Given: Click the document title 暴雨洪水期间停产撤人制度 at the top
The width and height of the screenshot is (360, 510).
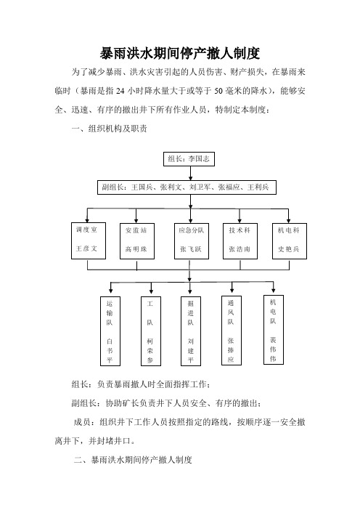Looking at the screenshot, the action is click(x=180, y=54).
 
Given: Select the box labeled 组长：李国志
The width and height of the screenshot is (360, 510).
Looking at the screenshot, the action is click(x=189, y=159).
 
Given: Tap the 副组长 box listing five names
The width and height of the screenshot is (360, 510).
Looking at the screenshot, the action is click(x=187, y=187).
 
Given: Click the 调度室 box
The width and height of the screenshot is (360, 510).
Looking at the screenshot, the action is click(x=89, y=240).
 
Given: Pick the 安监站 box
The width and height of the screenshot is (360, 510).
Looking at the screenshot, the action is click(x=137, y=241).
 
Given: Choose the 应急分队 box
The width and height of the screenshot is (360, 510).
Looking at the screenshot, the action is click(x=192, y=241).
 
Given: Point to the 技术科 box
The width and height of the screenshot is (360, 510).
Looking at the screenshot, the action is click(x=240, y=241).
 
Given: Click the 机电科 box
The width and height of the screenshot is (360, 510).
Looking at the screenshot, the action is click(x=290, y=241).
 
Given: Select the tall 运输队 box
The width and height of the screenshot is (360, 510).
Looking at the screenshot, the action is click(x=110, y=331).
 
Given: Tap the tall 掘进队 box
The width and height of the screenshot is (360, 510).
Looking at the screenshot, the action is click(x=191, y=331).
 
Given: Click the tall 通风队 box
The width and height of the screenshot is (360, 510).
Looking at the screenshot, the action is click(x=232, y=331).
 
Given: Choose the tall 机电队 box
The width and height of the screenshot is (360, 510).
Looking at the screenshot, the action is click(x=274, y=330).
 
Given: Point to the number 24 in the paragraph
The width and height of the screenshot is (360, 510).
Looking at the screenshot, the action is click(x=120, y=91).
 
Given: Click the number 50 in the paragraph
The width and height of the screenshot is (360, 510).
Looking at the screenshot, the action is click(x=218, y=91).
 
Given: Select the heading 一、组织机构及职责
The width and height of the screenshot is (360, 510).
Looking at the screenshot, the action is click(x=109, y=129).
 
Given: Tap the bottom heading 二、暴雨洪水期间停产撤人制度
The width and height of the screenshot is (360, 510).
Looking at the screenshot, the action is click(x=133, y=460).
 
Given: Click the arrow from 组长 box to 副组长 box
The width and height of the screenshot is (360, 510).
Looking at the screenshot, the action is click(x=190, y=173).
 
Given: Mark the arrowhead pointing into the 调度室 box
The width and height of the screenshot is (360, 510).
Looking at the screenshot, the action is click(x=87, y=220).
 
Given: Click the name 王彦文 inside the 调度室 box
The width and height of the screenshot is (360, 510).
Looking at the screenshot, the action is click(x=86, y=248).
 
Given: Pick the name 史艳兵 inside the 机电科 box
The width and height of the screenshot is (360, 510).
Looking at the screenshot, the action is click(x=289, y=249).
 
